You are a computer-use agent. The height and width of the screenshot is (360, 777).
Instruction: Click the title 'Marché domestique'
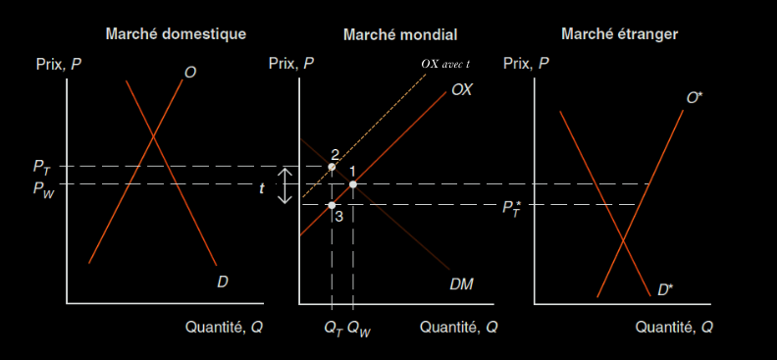176,34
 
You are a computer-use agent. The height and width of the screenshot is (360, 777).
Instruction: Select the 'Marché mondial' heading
400,34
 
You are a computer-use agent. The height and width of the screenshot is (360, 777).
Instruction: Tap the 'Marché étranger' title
620,34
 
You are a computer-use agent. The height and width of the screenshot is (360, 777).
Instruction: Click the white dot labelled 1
353,184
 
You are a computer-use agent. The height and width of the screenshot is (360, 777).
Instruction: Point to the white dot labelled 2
332,167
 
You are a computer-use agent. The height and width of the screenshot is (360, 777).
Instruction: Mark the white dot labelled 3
332,205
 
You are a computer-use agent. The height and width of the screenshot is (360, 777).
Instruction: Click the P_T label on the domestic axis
41,168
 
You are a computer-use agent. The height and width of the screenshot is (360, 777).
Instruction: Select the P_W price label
43,188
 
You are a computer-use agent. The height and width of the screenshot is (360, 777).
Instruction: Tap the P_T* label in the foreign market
513,208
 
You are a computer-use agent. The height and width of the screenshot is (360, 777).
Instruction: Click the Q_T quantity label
334,329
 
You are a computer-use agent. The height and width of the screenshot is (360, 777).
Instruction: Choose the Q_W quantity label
359,329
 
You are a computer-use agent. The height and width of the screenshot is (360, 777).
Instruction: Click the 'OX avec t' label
445,64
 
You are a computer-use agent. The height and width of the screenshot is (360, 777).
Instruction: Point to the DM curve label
461,284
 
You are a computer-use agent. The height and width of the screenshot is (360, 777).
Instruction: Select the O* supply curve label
694,98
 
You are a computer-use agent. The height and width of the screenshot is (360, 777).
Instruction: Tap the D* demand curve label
665,290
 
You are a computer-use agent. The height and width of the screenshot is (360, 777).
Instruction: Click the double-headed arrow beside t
285,185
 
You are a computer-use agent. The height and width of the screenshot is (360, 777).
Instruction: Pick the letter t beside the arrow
262,188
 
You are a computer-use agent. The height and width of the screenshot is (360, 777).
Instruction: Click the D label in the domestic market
223,283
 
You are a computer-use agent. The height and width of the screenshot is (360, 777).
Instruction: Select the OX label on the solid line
462,90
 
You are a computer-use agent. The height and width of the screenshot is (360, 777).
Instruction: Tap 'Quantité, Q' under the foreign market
674,328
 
